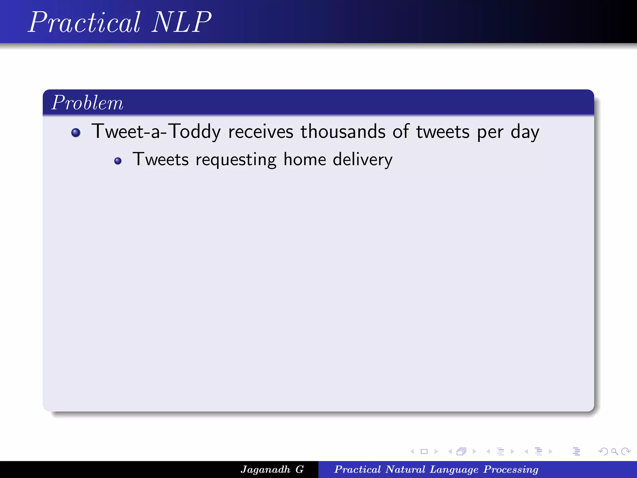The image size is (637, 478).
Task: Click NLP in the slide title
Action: click(182, 22)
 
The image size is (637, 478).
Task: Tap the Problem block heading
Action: click(87, 103)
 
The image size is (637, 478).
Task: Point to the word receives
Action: click(261, 131)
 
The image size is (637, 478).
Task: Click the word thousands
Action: click(343, 131)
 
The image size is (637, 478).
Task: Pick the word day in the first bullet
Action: click(525, 132)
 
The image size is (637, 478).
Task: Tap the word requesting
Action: click(236, 160)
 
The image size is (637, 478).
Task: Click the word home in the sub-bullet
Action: click(305, 159)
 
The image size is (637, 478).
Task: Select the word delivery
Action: click(363, 160)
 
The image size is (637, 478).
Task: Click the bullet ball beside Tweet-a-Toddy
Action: click(76, 133)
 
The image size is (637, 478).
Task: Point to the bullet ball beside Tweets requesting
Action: click(118, 161)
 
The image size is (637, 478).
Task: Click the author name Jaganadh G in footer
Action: click(272, 469)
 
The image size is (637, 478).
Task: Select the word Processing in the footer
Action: click(511, 469)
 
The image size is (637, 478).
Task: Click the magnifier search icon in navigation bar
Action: click(614, 452)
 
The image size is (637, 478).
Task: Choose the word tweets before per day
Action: click(443, 131)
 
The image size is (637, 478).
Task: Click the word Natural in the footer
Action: click(405, 469)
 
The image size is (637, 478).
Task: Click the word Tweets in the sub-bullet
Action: click(160, 159)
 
